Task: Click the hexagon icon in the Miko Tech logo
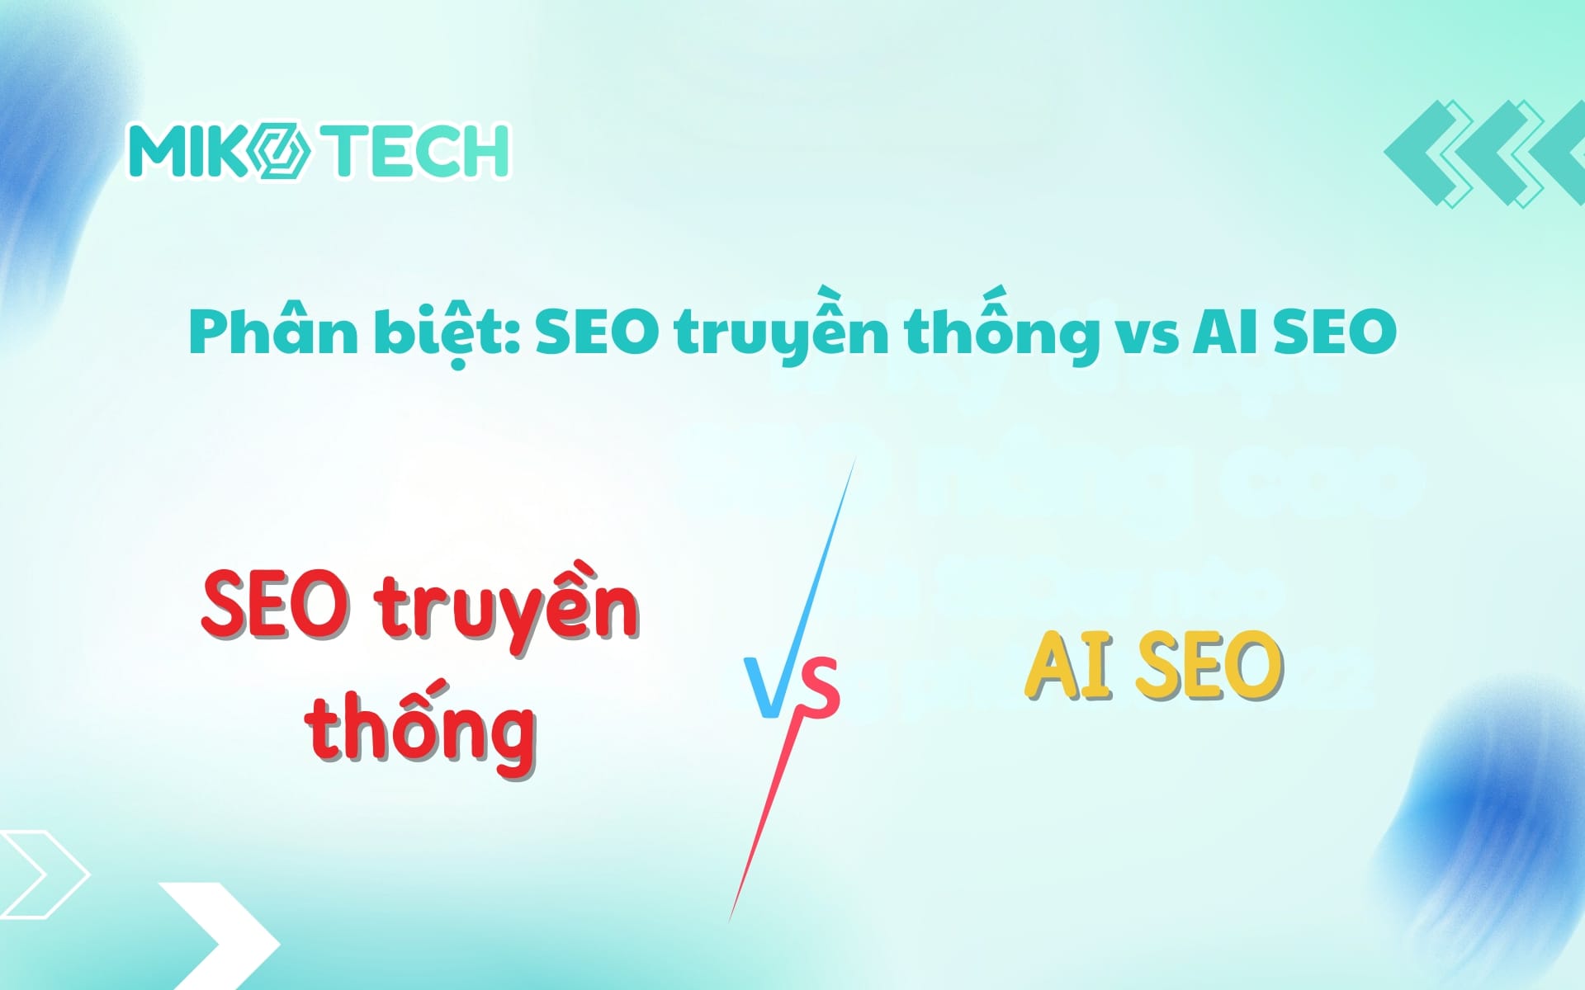point(281,151)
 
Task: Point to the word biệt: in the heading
point(447,332)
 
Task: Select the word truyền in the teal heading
point(780,332)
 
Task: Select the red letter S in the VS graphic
point(819,686)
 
